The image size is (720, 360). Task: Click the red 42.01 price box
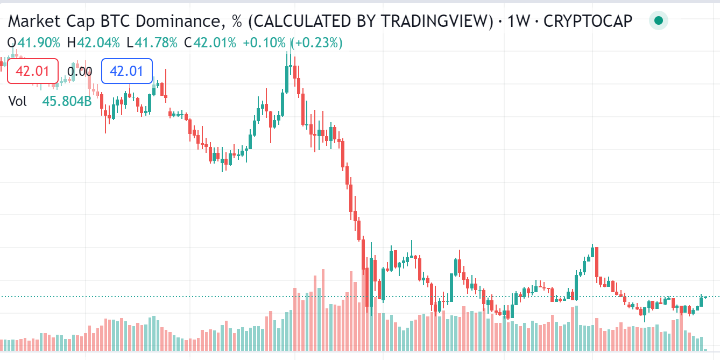tap(33, 71)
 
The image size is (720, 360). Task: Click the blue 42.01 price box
tap(127, 71)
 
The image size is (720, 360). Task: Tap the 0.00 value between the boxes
tap(80, 72)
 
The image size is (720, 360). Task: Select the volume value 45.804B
tap(67, 101)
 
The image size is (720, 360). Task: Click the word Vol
tap(18, 101)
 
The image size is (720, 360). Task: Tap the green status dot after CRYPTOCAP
tap(658, 21)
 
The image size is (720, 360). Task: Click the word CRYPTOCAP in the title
tap(588, 21)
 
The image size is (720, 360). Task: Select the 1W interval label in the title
tap(518, 21)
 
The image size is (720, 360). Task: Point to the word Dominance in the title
tap(179, 21)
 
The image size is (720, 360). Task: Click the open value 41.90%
tap(39, 43)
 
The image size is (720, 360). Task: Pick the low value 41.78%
tap(156, 43)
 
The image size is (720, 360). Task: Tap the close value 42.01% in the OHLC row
tap(215, 43)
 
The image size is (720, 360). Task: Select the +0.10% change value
tap(264, 43)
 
